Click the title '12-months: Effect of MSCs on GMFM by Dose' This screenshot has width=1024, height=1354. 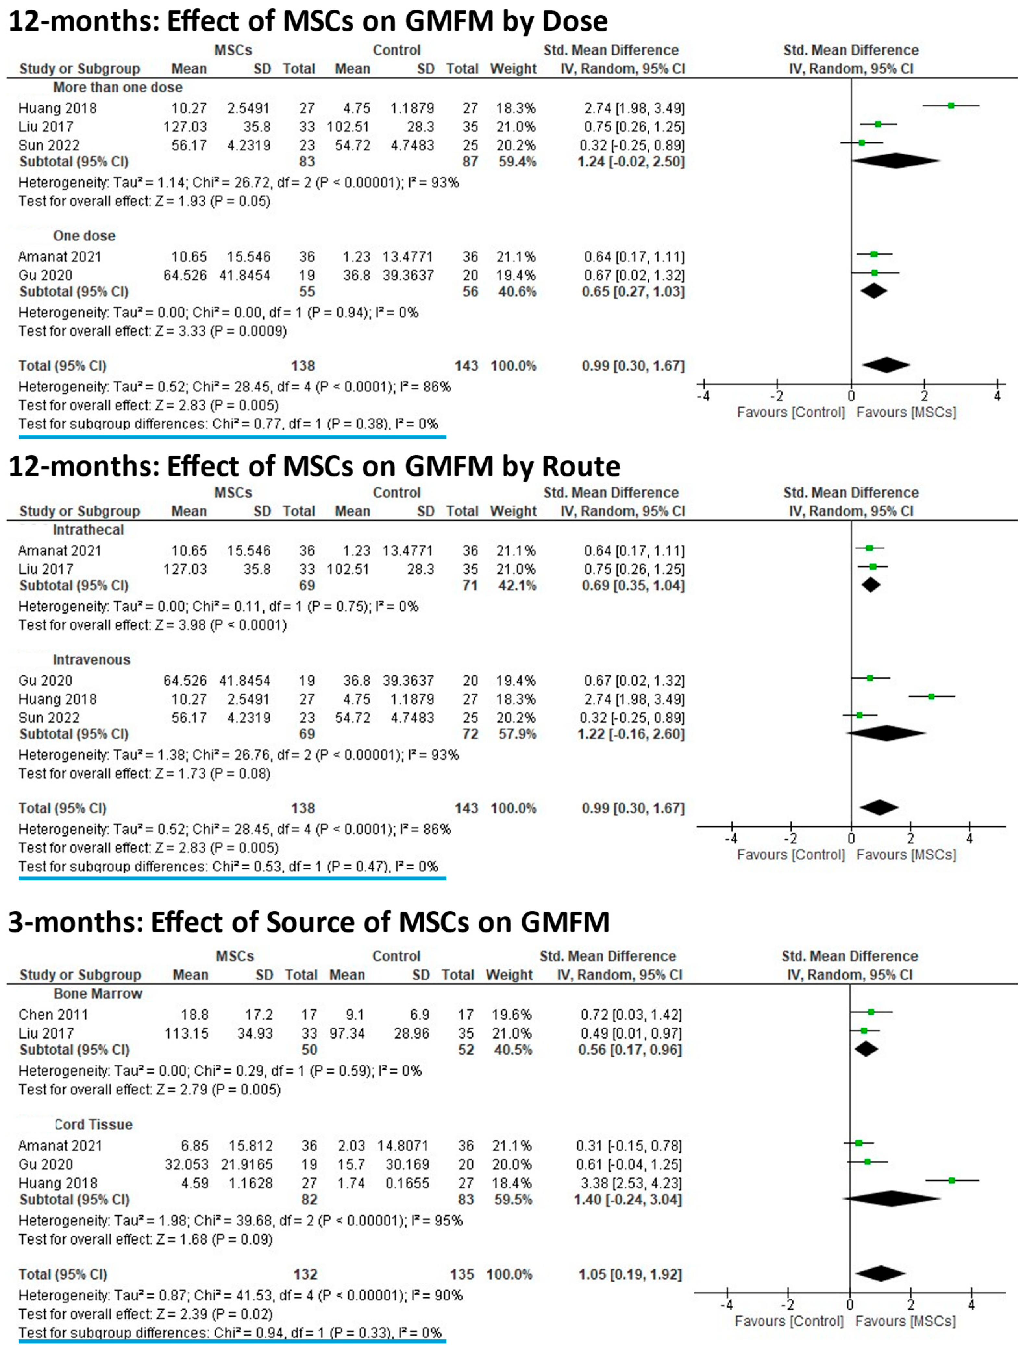[x=308, y=21]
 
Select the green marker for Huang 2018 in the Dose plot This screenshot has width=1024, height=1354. [x=951, y=106]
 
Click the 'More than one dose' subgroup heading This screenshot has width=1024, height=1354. [x=117, y=88]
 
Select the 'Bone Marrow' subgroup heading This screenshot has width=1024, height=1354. [x=98, y=993]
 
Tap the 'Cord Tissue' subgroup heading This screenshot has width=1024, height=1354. [x=93, y=1125]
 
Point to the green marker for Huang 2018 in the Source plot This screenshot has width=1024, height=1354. [x=951, y=1180]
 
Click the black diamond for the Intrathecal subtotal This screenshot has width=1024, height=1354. [x=870, y=585]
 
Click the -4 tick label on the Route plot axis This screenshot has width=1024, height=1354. [x=732, y=839]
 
